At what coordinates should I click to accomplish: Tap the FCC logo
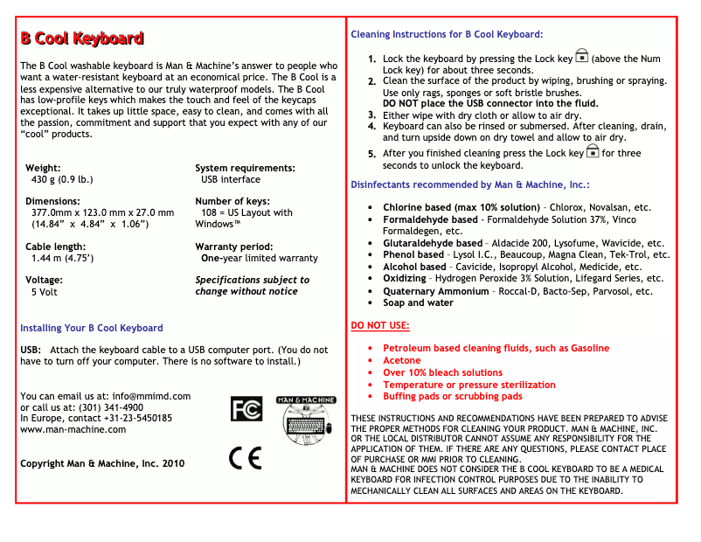[246, 408]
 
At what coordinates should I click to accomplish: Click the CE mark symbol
[245, 457]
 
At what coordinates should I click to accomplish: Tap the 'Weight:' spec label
[43, 168]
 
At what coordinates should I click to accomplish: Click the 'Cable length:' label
[56, 247]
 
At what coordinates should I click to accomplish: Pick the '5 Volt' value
[45, 292]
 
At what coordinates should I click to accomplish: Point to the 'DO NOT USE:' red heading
[380, 325]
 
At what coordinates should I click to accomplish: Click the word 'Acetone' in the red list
[402, 360]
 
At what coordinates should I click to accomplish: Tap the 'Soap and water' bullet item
[418, 302]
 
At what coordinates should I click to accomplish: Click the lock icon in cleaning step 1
[582, 57]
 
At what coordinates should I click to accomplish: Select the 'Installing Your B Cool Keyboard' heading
[91, 328]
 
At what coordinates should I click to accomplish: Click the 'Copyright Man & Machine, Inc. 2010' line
[102, 463]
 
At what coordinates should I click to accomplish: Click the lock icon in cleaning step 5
[593, 152]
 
